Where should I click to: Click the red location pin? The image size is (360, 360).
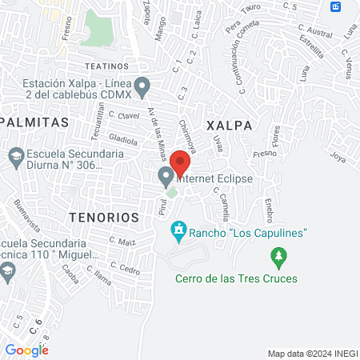[181, 163]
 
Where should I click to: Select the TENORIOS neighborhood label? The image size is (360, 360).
[104, 217]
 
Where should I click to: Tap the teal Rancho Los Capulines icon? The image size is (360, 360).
[179, 232]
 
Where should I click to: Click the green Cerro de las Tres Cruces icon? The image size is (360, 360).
[278, 258]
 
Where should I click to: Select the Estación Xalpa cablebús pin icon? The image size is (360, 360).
[142, 84]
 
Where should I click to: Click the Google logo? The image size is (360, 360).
[26, 350]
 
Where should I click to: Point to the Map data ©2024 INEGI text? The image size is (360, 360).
[312, 354]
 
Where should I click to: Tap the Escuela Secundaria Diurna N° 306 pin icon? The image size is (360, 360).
[14, 156]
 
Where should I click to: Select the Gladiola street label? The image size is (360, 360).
[123, 140]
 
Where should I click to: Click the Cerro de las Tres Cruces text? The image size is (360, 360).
[237, 278]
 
